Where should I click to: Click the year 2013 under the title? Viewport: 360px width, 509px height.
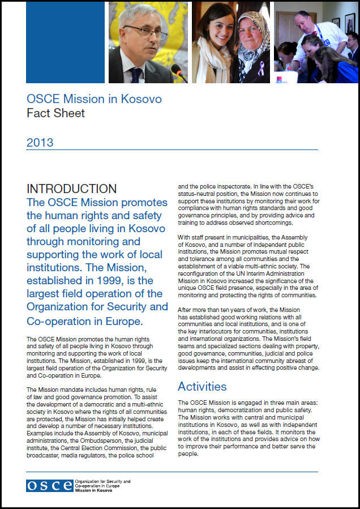point(40,143)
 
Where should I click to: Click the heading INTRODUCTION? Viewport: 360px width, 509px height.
point(71,189)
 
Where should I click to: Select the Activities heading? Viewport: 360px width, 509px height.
point(202,387)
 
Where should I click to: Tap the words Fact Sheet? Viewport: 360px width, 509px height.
point(55,113)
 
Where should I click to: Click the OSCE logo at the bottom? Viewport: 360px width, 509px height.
point(49,485)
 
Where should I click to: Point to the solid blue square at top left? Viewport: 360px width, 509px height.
point(65,42)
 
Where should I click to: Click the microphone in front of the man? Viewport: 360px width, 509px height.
point(178,72)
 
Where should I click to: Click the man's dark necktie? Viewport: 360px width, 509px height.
point(136,75)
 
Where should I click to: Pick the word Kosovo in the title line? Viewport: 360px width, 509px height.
point(142,99)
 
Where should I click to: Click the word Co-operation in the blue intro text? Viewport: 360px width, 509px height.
point(62,322)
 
